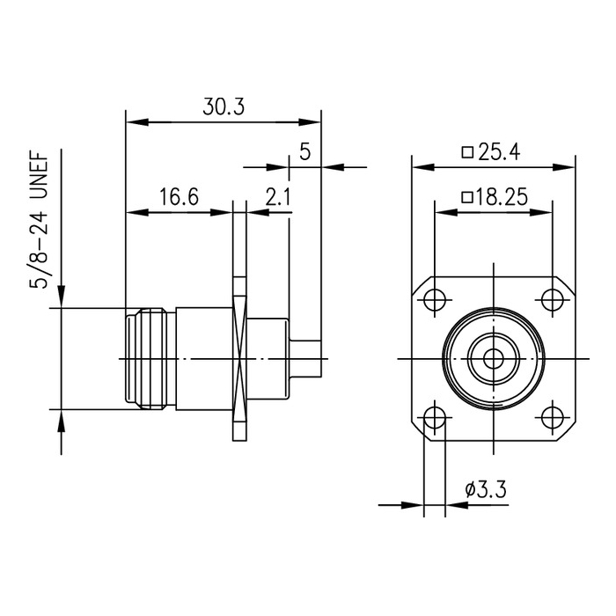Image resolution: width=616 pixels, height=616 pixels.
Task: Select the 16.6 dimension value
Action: (x=178, y=198)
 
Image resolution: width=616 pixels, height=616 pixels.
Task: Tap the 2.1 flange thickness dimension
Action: (x=277, y=198)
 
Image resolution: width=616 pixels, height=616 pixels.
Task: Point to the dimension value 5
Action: (x=304, y=152)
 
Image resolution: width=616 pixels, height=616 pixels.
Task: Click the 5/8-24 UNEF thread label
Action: (x=40, y=220)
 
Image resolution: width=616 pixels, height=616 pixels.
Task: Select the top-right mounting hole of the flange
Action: (x=553, y=299)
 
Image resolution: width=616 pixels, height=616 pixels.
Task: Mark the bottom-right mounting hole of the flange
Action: (x=553, y=418)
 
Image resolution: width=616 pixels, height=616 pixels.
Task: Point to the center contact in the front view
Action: (x=494, y=359)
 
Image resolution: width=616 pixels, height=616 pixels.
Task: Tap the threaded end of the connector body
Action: (x=150, y=359)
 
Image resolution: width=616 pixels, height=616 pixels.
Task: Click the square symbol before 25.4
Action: (x=469, y=152)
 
